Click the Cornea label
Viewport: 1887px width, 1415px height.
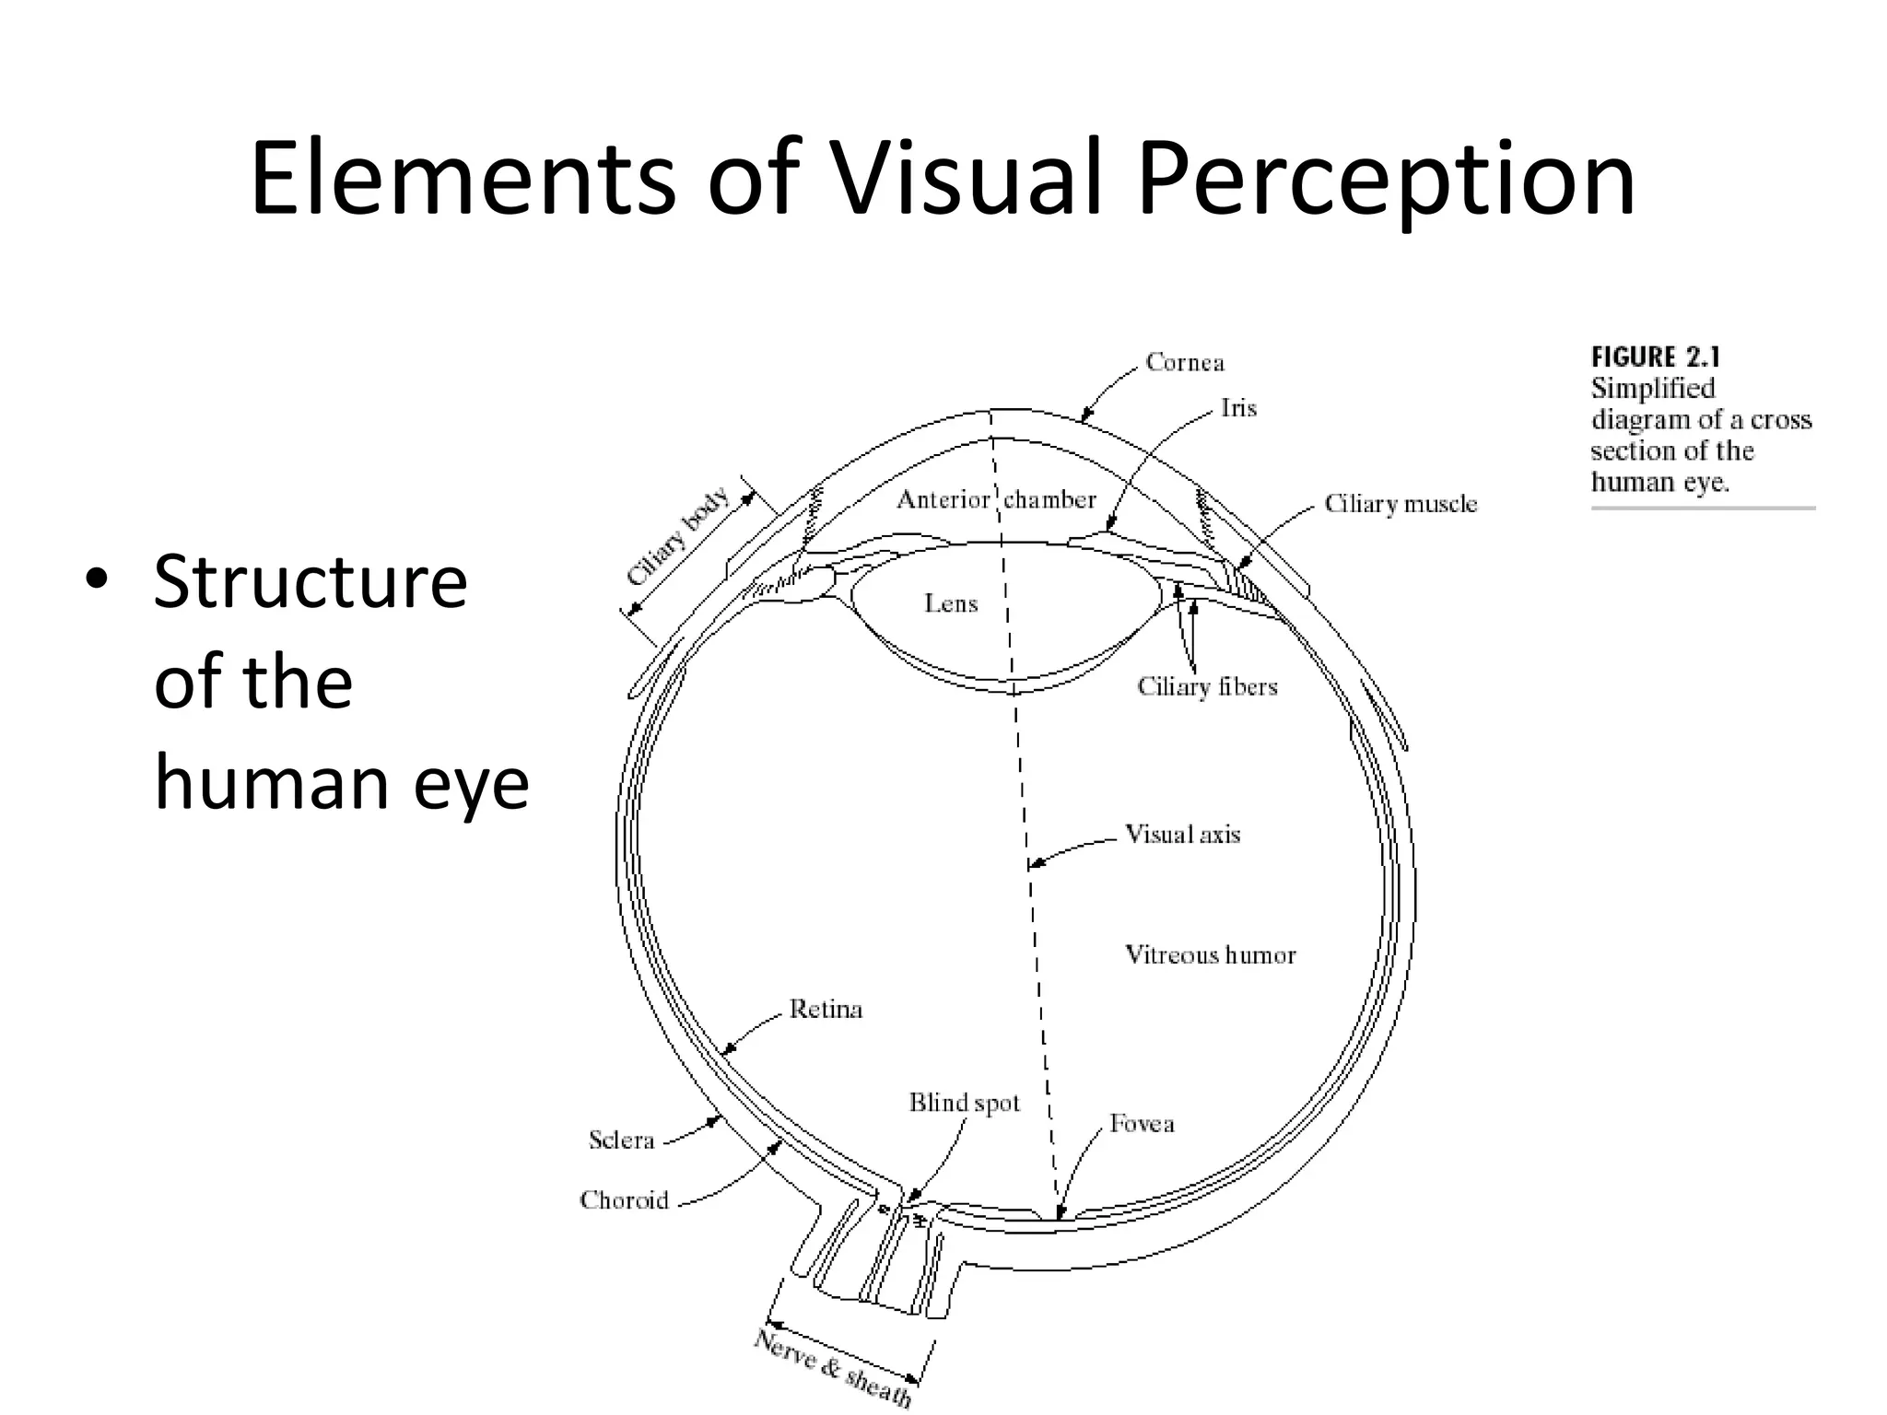pyautogui.click(x=1185, y=363)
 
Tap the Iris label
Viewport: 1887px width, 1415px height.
pyautogui.click(x=1238, y=408)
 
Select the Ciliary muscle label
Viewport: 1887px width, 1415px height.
pyautogui.click(x=1401, y=504)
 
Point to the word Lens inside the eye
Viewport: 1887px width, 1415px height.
pyautogui.click(x=951, y=603)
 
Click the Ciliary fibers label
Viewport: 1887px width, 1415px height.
pyautogui.click(x=1207, y=687)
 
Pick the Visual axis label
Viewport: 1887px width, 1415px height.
pyautogui.click(x=1183, y=835)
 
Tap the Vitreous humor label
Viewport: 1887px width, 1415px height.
pyautogui.click(x=1210, y=955)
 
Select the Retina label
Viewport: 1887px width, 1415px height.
pyautogui.click(x=826, y=1010)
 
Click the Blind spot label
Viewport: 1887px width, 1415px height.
pyautogui.click(x=965, y=1104)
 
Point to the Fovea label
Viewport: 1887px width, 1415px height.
pyautogui.click(x=1142, y=1124)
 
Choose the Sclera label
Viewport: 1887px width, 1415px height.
pyautogui.click(x=621, y=1140)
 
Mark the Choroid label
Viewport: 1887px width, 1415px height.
pyautogui.click(x=624, y=1200)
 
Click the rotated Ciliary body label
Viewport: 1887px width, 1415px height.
pyautogui.click(x=677, y=537)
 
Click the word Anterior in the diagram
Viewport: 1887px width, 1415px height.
pyautogui.click(x=943, y=500)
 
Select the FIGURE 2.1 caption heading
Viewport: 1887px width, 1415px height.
pyautogui.click(x=1656, y=357)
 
